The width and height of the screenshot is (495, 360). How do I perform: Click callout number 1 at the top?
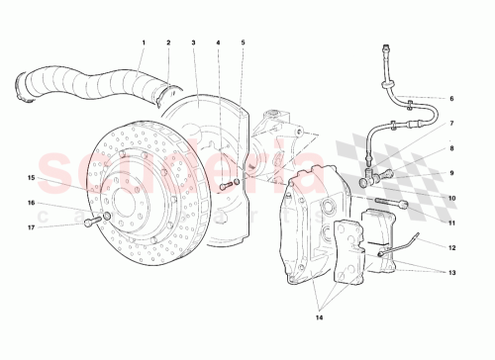(143, 43)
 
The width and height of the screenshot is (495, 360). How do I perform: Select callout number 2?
(168, 43)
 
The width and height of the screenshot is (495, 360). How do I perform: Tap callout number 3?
(194, 43)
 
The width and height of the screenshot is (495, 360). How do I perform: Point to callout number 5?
(243, 43)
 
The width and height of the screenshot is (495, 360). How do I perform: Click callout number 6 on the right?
(450, 99)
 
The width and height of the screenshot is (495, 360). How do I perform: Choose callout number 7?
(450, 124)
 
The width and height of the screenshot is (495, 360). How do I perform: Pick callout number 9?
(450, 173)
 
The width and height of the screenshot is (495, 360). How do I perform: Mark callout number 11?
(450, 223)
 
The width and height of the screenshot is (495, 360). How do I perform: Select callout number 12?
(450, 247)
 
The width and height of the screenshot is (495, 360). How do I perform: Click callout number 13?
(450, 272)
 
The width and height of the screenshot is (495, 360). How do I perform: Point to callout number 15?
(31, 178)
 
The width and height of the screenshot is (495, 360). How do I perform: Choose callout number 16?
(31, 203)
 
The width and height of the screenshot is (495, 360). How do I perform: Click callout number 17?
(31, 227)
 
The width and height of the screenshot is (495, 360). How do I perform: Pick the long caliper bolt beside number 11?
(391, 205)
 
